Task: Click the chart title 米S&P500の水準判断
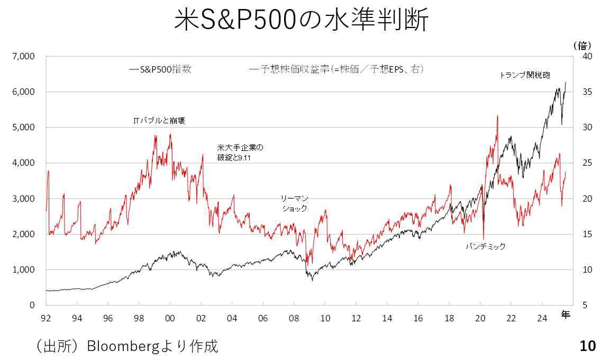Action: [301, 21]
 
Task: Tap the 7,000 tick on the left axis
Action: [24, 56]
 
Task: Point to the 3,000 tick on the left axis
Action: [24, 199]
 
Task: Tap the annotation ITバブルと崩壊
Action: [159, 121]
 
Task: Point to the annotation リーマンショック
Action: [294, 203]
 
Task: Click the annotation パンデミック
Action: [485, 246]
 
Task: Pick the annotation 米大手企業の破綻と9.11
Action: [240, 152]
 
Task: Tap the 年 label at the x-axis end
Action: [566, 316]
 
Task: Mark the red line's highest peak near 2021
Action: [498, 116]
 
